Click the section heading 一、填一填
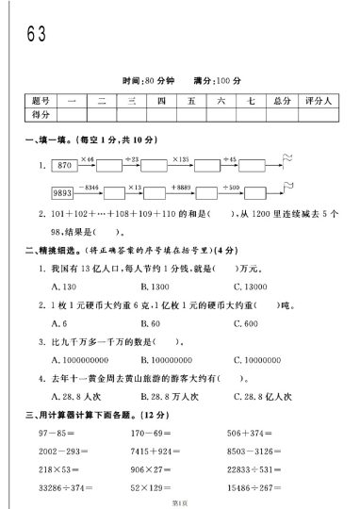coord(42,141)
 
